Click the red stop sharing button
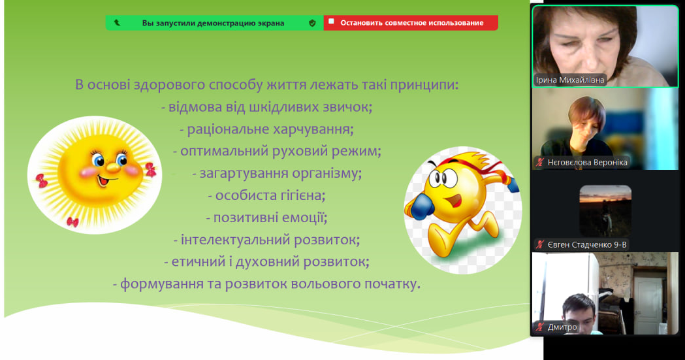pos(411,23)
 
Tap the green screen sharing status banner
pos(214,23)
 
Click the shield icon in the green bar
pos(312,23)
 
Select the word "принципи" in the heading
pos(424,85)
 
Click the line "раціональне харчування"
pos(266,129)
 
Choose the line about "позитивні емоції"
pos(266,218)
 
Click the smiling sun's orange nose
pos(113,167)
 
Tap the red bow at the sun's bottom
pos(72,222)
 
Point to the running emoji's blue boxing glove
pos(421,206)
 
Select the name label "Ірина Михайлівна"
pos(570,80)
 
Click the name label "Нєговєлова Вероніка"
pos(587,163)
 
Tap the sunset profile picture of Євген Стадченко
pos(605,211)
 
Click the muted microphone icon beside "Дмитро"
pos(540,327)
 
